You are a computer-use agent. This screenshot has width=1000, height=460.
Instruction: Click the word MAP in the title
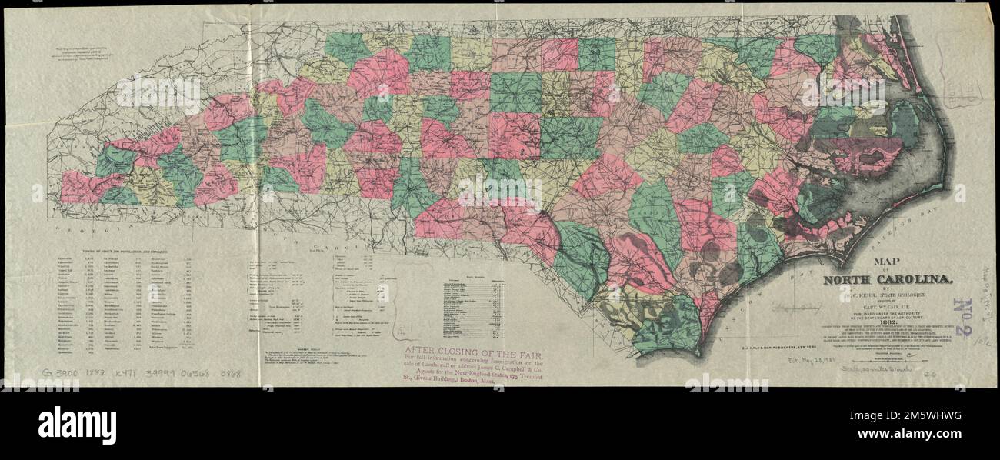875,262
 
